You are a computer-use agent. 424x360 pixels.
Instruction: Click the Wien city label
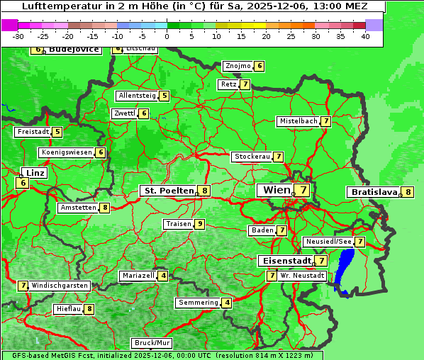(x=276, y=190)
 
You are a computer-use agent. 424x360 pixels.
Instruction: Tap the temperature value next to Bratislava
(x=408, y=192)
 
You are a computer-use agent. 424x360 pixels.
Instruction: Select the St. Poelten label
(x=168, y=191)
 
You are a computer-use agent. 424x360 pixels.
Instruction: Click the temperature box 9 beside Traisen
(x=200, y=224)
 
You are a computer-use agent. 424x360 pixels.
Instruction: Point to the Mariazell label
(x=138, y=276)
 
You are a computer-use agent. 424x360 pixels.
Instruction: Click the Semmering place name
(x=199, y=303)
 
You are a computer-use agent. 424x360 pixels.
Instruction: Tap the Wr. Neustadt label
(x=302, y=275)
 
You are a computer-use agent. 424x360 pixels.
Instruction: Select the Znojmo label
(x=238, y=66)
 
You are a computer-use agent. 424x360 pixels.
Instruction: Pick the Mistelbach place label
(x=299, y=121)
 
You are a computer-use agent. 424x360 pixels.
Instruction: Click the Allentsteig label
(x=137, y=96)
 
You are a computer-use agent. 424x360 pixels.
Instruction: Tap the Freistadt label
(x=33, y=132)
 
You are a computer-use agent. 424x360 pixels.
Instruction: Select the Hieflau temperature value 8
(x=89, y=309)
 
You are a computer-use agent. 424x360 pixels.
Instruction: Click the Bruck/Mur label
(x=152, y=343)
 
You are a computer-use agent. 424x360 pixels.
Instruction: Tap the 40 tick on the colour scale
(x=365, y=36)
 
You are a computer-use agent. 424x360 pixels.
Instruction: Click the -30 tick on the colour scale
(x=18, y=36)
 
